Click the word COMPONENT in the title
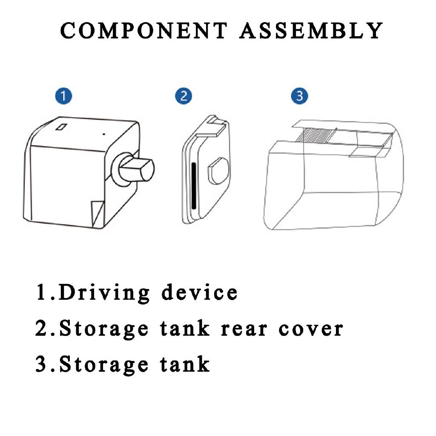(144, 30)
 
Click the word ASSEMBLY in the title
(311, 30)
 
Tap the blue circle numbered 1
(64, 96)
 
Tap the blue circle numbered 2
(184, 96)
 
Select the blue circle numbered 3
(299, 96)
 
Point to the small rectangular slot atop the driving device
(61, 127)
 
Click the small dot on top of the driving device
(104, 134)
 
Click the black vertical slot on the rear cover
(194, 186)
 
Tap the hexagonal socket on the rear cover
(218, 171)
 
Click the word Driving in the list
(104, 293)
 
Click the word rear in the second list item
(244, 329)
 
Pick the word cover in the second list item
(310, 329)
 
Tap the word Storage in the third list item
(104, 364)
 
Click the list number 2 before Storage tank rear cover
(42, 328)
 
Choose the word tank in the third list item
(185, 364)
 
